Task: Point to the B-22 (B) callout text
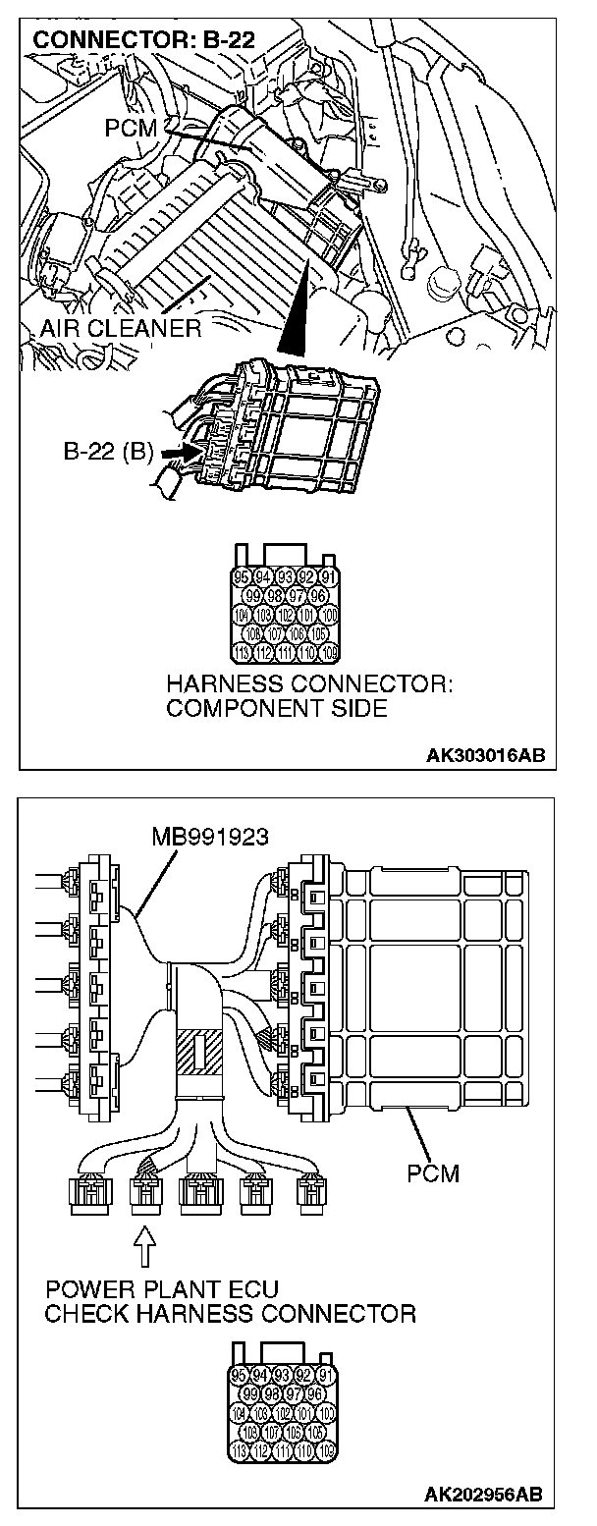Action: coord(108,451)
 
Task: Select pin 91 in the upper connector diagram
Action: coord(328,577)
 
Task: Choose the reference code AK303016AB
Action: coord(484,755)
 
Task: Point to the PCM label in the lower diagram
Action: coord(432,1172)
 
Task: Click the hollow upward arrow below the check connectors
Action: coord(144,1249)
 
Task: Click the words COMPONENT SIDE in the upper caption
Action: coord(276,708)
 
